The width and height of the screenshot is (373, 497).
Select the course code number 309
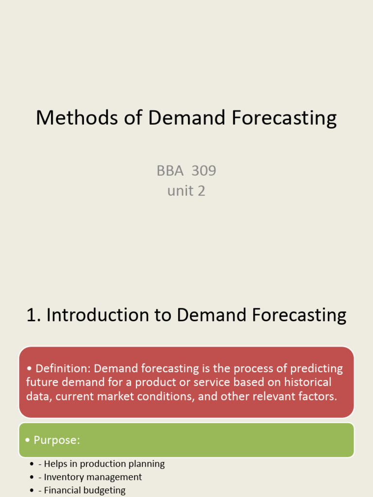204,171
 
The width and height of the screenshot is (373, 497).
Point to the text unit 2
186,191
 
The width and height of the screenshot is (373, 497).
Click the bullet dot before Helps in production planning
32,464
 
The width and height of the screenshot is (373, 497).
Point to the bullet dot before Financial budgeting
32,491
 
